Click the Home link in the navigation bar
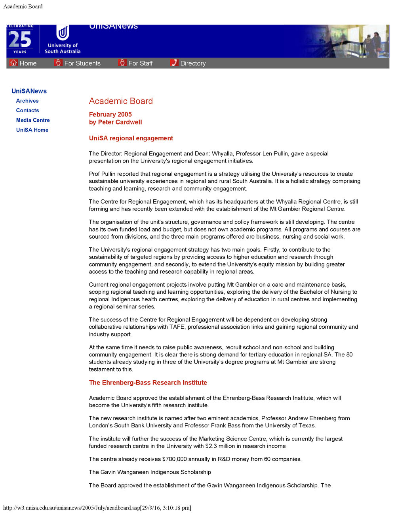[x=28, y=63]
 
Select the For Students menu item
[x=82, y=63]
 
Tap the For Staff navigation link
[x=140, y=63]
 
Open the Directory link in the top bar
[x=193, y=63]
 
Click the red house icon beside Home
[x=14, y=63]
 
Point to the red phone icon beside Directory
[x=174, y=63]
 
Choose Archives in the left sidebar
[x=27, y=101]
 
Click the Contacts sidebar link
[x=27, y=110]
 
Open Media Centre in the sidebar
[x=33, y=120]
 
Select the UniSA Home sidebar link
[x=32, y=130]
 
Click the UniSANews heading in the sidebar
[x=29, y=91]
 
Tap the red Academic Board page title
[x=121, y=101]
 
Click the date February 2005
[x=110, y=114]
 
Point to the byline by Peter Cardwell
[x=115, y=122]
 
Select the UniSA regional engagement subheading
[x=131, y=138]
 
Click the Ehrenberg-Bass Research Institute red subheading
[x=148, y=383]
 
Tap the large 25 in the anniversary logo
[x=20, y=40]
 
